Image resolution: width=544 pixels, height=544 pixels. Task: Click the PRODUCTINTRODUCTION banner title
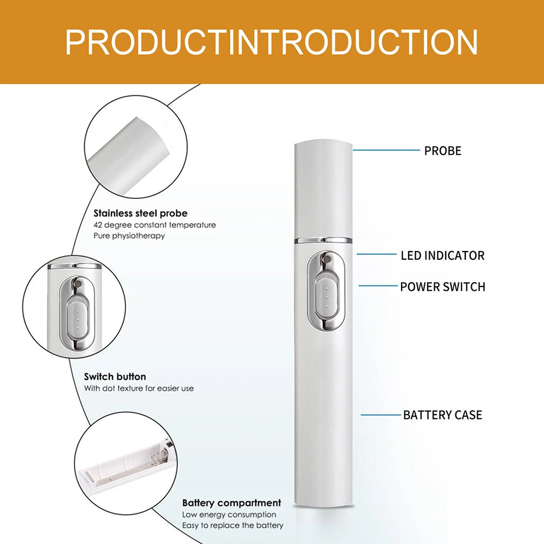(x=272, y=42)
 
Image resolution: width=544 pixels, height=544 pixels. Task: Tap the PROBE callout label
(x=443, y=151)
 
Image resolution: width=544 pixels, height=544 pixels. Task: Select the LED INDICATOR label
(x=442, y=255)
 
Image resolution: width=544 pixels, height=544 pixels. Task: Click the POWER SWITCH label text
(x=443, y=287)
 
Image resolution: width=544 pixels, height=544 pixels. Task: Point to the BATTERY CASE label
(x=443, y=415)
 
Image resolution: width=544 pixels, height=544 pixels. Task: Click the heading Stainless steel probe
(x=141, y=213)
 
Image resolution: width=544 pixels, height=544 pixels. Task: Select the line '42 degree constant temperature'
(x=155, y=225)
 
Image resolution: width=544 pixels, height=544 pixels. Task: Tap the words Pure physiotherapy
(x=129, y=235)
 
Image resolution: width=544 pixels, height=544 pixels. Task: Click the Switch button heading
(x=115, y=377)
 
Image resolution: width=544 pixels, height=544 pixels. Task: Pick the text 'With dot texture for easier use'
(x=139, y=388)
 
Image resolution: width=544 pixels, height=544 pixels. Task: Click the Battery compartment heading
(x=232, y=503)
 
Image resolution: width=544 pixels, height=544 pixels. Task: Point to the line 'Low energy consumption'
(x=229, y=515)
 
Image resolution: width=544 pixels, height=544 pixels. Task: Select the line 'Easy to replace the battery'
(x=233, y=526)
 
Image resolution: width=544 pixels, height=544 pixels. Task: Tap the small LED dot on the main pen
(x=326, y=259)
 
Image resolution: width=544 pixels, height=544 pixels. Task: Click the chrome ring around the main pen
(x=323, y=240)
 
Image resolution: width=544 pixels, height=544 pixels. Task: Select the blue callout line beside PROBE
(x=386, y=150)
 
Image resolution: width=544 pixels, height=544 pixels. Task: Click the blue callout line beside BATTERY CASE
(x=381, y=415)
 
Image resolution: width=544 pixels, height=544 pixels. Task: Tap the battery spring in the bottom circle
(x=161, y=453)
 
